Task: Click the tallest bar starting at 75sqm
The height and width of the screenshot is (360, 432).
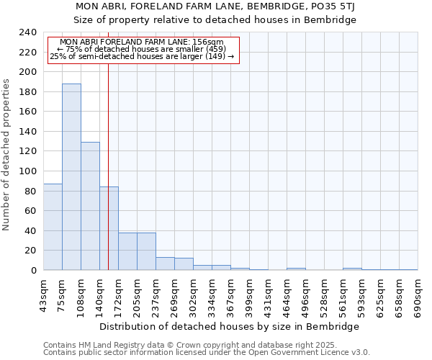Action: [x=71, y=176]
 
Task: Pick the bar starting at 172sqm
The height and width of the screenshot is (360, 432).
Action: [x=127, y=251]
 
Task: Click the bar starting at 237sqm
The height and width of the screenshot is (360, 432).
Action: [x=165, y=264]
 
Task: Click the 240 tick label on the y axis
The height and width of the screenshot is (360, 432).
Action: [x=27, y=32]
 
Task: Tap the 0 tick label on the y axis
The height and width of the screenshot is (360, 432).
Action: [x=33, y=270]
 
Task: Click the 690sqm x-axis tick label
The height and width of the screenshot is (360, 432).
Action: [x=418, y=295]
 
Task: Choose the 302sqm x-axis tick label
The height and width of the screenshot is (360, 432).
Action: [x=193, y=295]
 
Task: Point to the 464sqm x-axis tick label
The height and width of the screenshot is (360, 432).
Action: [x=287, y=295]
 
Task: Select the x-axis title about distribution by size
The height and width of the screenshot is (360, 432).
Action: [x=230, y=326]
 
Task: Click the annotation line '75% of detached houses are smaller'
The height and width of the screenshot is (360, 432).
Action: [x=141, y=49]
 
